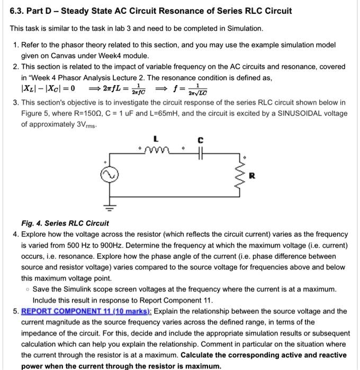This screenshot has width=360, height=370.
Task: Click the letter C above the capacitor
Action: tap(200, 140)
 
